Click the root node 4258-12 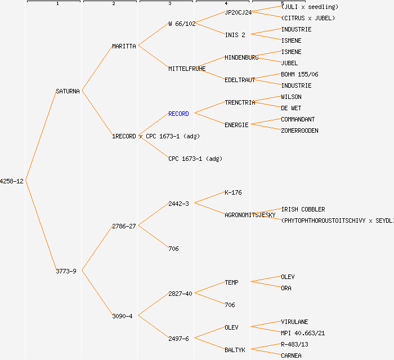(12, 181)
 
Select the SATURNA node (68, 91)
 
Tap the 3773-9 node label (66, 271)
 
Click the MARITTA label (124, 46)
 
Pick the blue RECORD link (178, 114)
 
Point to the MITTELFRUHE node (187, 69)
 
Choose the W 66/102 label (182, 24)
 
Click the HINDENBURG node (241, 57)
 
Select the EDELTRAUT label (240, 80)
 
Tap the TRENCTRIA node (240, 102)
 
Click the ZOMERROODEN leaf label (299, 130)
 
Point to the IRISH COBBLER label (303, 209)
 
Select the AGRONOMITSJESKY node (250, 215)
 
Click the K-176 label (233, 192)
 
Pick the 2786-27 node (124, 226)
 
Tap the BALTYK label (235, 350)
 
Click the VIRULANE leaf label (294, 322)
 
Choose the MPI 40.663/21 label (303, 333)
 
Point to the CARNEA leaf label (291, 355)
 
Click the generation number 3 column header (169, 4)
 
